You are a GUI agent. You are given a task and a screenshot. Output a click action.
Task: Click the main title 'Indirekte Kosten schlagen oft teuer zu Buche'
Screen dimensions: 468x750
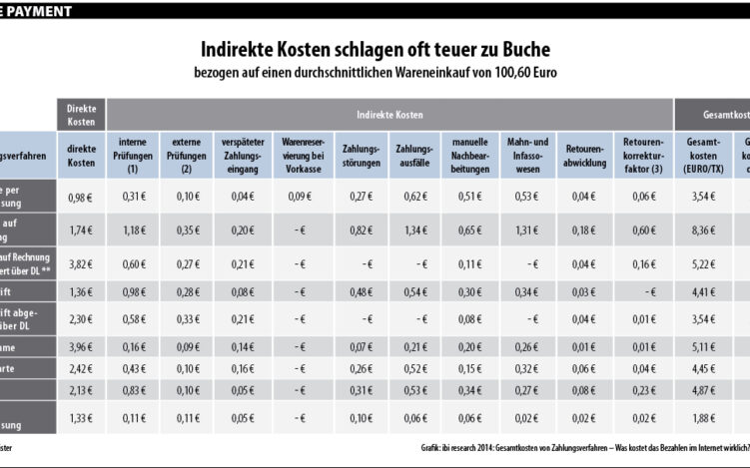coord(375,49)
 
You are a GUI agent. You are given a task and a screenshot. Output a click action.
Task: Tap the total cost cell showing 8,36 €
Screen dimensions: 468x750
coord(702,230)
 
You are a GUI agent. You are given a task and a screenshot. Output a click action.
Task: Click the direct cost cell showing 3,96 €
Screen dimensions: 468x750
coord(81,345)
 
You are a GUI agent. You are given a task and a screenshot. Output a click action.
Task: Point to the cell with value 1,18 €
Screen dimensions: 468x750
coord(133,230)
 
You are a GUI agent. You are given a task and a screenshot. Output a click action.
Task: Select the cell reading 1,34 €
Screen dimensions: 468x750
coord(412,230)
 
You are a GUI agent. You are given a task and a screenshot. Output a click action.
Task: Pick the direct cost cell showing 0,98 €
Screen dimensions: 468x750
coord(81,198)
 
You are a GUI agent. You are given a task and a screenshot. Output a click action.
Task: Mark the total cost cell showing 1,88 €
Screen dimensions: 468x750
coord(702,417)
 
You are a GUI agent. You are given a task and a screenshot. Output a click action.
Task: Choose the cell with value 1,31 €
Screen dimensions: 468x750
coord(524,230)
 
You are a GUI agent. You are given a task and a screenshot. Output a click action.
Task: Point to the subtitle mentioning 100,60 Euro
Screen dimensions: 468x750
coord(375,73)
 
